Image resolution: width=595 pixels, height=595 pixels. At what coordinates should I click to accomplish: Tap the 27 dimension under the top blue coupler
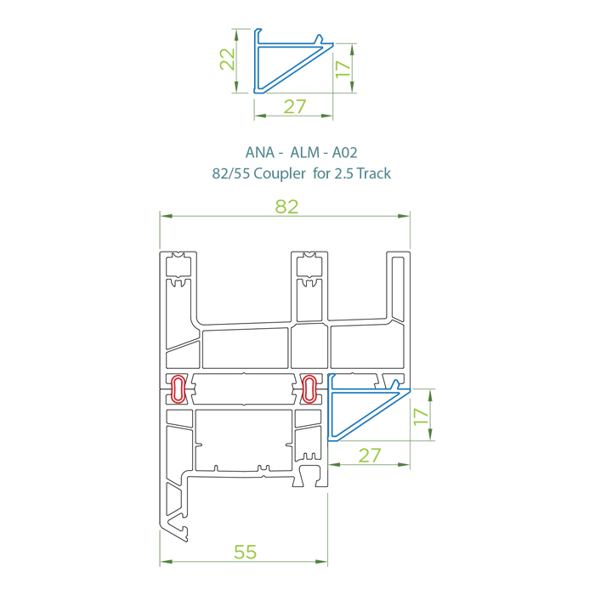pos(294,107)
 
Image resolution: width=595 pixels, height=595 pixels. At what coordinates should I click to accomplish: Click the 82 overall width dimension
pos(286,207)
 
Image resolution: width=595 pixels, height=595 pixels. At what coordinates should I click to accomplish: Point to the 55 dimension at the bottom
pos(245,552)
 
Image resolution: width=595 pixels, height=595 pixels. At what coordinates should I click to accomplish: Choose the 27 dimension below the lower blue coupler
pos(369,456)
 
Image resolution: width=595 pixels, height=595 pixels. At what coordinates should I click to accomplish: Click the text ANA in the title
pos(259,153)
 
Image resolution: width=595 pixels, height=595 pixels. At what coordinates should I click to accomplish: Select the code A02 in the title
pos(344,153)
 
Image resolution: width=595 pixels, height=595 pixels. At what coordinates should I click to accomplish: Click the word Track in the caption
pos(373,173)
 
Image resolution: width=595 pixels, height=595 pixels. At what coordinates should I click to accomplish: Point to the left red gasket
pos(178,388)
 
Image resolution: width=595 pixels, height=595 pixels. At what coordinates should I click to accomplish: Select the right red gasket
pos(309,388)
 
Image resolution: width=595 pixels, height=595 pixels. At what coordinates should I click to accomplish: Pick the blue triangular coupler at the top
pos(285,64)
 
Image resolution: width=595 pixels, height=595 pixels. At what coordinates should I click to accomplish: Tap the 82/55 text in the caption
pos(226,173)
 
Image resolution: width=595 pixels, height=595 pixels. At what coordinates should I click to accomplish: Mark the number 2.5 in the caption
pos(339,173)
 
